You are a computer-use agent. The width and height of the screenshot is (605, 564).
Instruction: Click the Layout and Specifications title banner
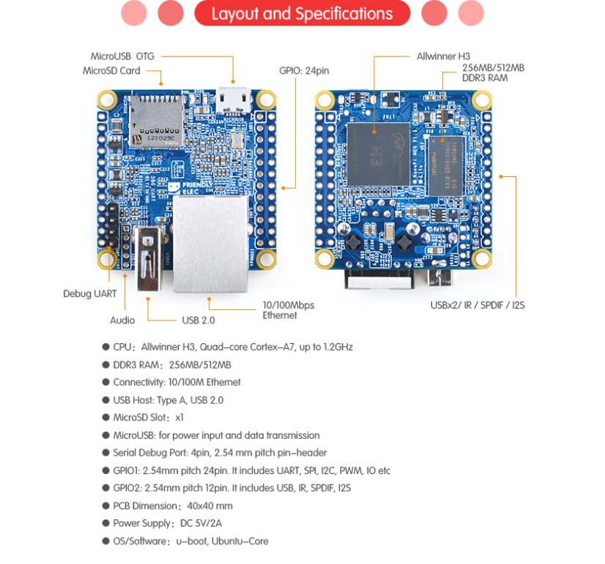click(x=302, y=14)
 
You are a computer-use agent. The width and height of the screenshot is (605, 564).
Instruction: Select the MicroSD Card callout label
click(x=112, y=71)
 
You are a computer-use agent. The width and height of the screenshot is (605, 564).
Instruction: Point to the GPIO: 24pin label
click(x=304, y=72)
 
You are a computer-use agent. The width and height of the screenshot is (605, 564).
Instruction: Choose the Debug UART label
click(x=89, y=293)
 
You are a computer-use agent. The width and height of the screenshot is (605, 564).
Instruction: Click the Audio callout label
click(x=122, y=320)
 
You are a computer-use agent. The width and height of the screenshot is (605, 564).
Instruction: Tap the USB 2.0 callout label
click(x=198, y=320)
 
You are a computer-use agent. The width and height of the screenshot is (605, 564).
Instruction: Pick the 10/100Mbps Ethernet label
click(x=288, y=310)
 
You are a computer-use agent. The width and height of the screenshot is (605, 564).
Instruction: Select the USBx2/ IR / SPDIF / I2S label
click(x=477, y=305)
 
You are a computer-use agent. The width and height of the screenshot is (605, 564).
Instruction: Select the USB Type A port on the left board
click(x=149, y=257)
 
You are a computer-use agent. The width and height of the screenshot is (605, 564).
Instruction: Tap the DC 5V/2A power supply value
click(x=201, y=524)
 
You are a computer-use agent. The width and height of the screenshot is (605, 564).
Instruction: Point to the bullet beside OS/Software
click(x=106, y=542)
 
